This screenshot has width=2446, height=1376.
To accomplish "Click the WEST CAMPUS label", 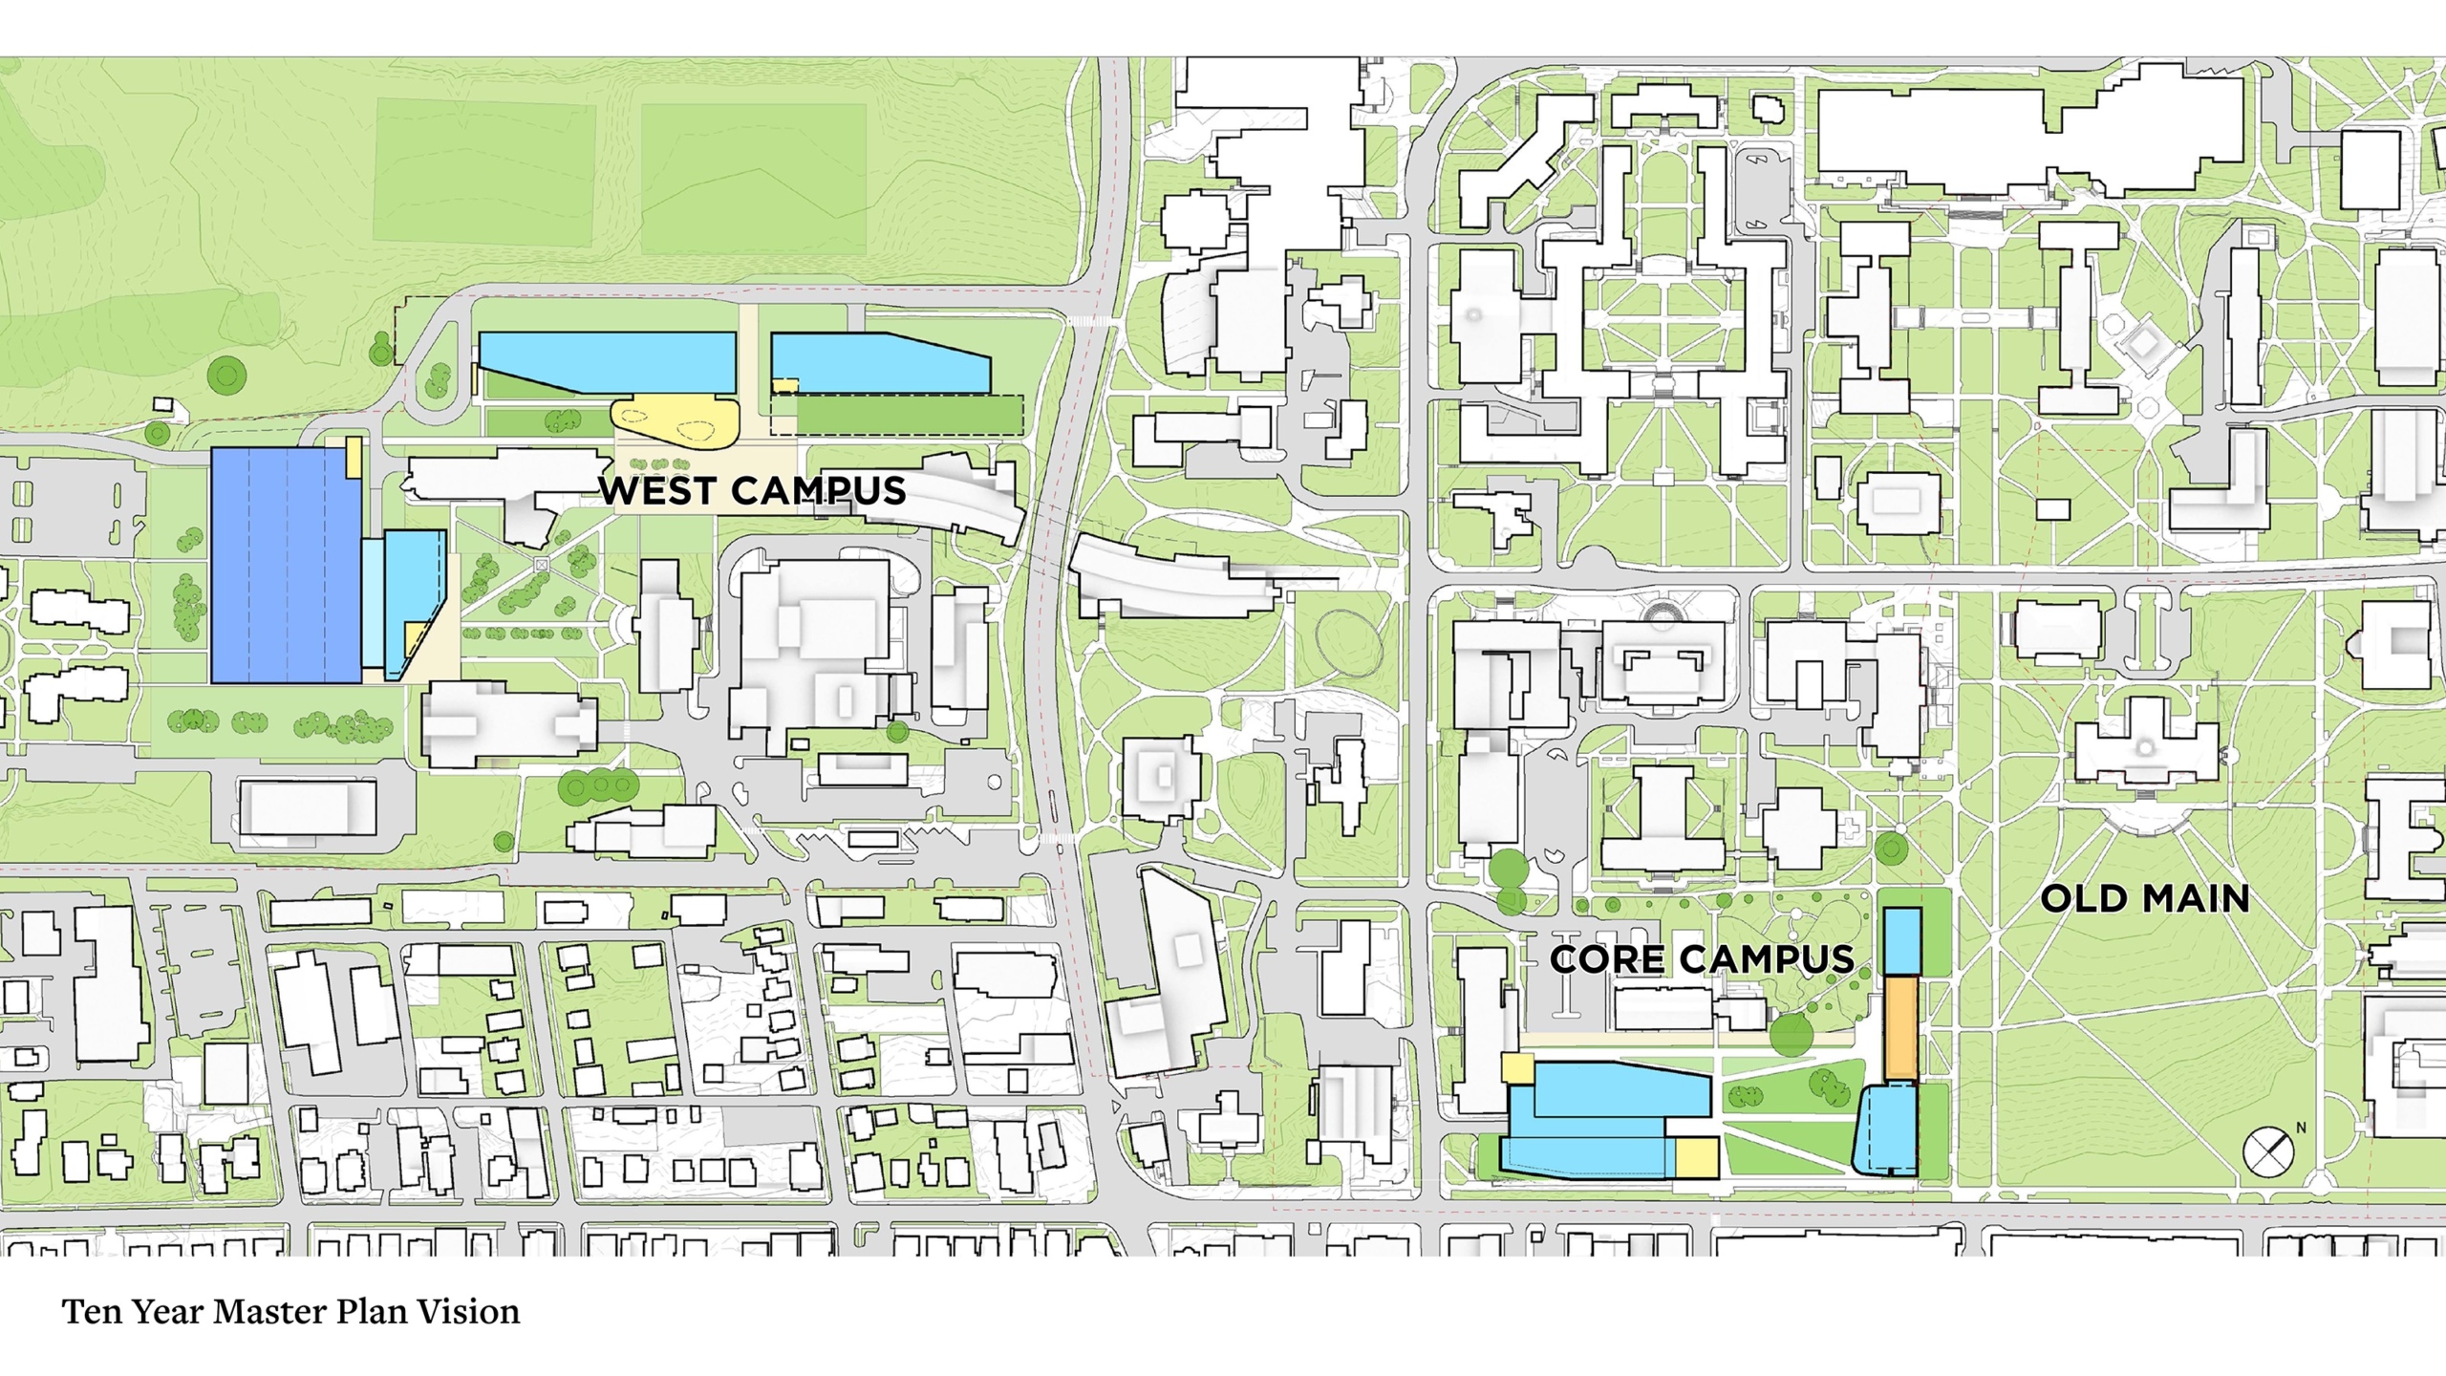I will (x=752, y=490).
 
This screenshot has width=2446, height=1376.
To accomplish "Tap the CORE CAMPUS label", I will (x=1702, y=959).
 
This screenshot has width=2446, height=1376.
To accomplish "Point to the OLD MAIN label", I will (x=2144, y=898).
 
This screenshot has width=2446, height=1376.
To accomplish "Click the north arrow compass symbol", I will (x=2267, y=1151).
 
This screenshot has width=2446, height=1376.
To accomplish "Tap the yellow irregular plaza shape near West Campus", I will (x=676, y=420).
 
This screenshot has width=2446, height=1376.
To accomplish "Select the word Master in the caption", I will (x=260, y=1312).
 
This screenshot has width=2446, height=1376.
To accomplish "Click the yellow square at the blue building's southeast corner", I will (x=1697, y=1156).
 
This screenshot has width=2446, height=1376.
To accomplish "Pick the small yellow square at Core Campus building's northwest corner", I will (x=1517, y=1067).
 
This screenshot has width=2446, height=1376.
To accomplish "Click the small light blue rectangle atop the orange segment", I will (x=1902, y=940).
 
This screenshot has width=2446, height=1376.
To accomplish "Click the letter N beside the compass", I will (x=2301, y=1128).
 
